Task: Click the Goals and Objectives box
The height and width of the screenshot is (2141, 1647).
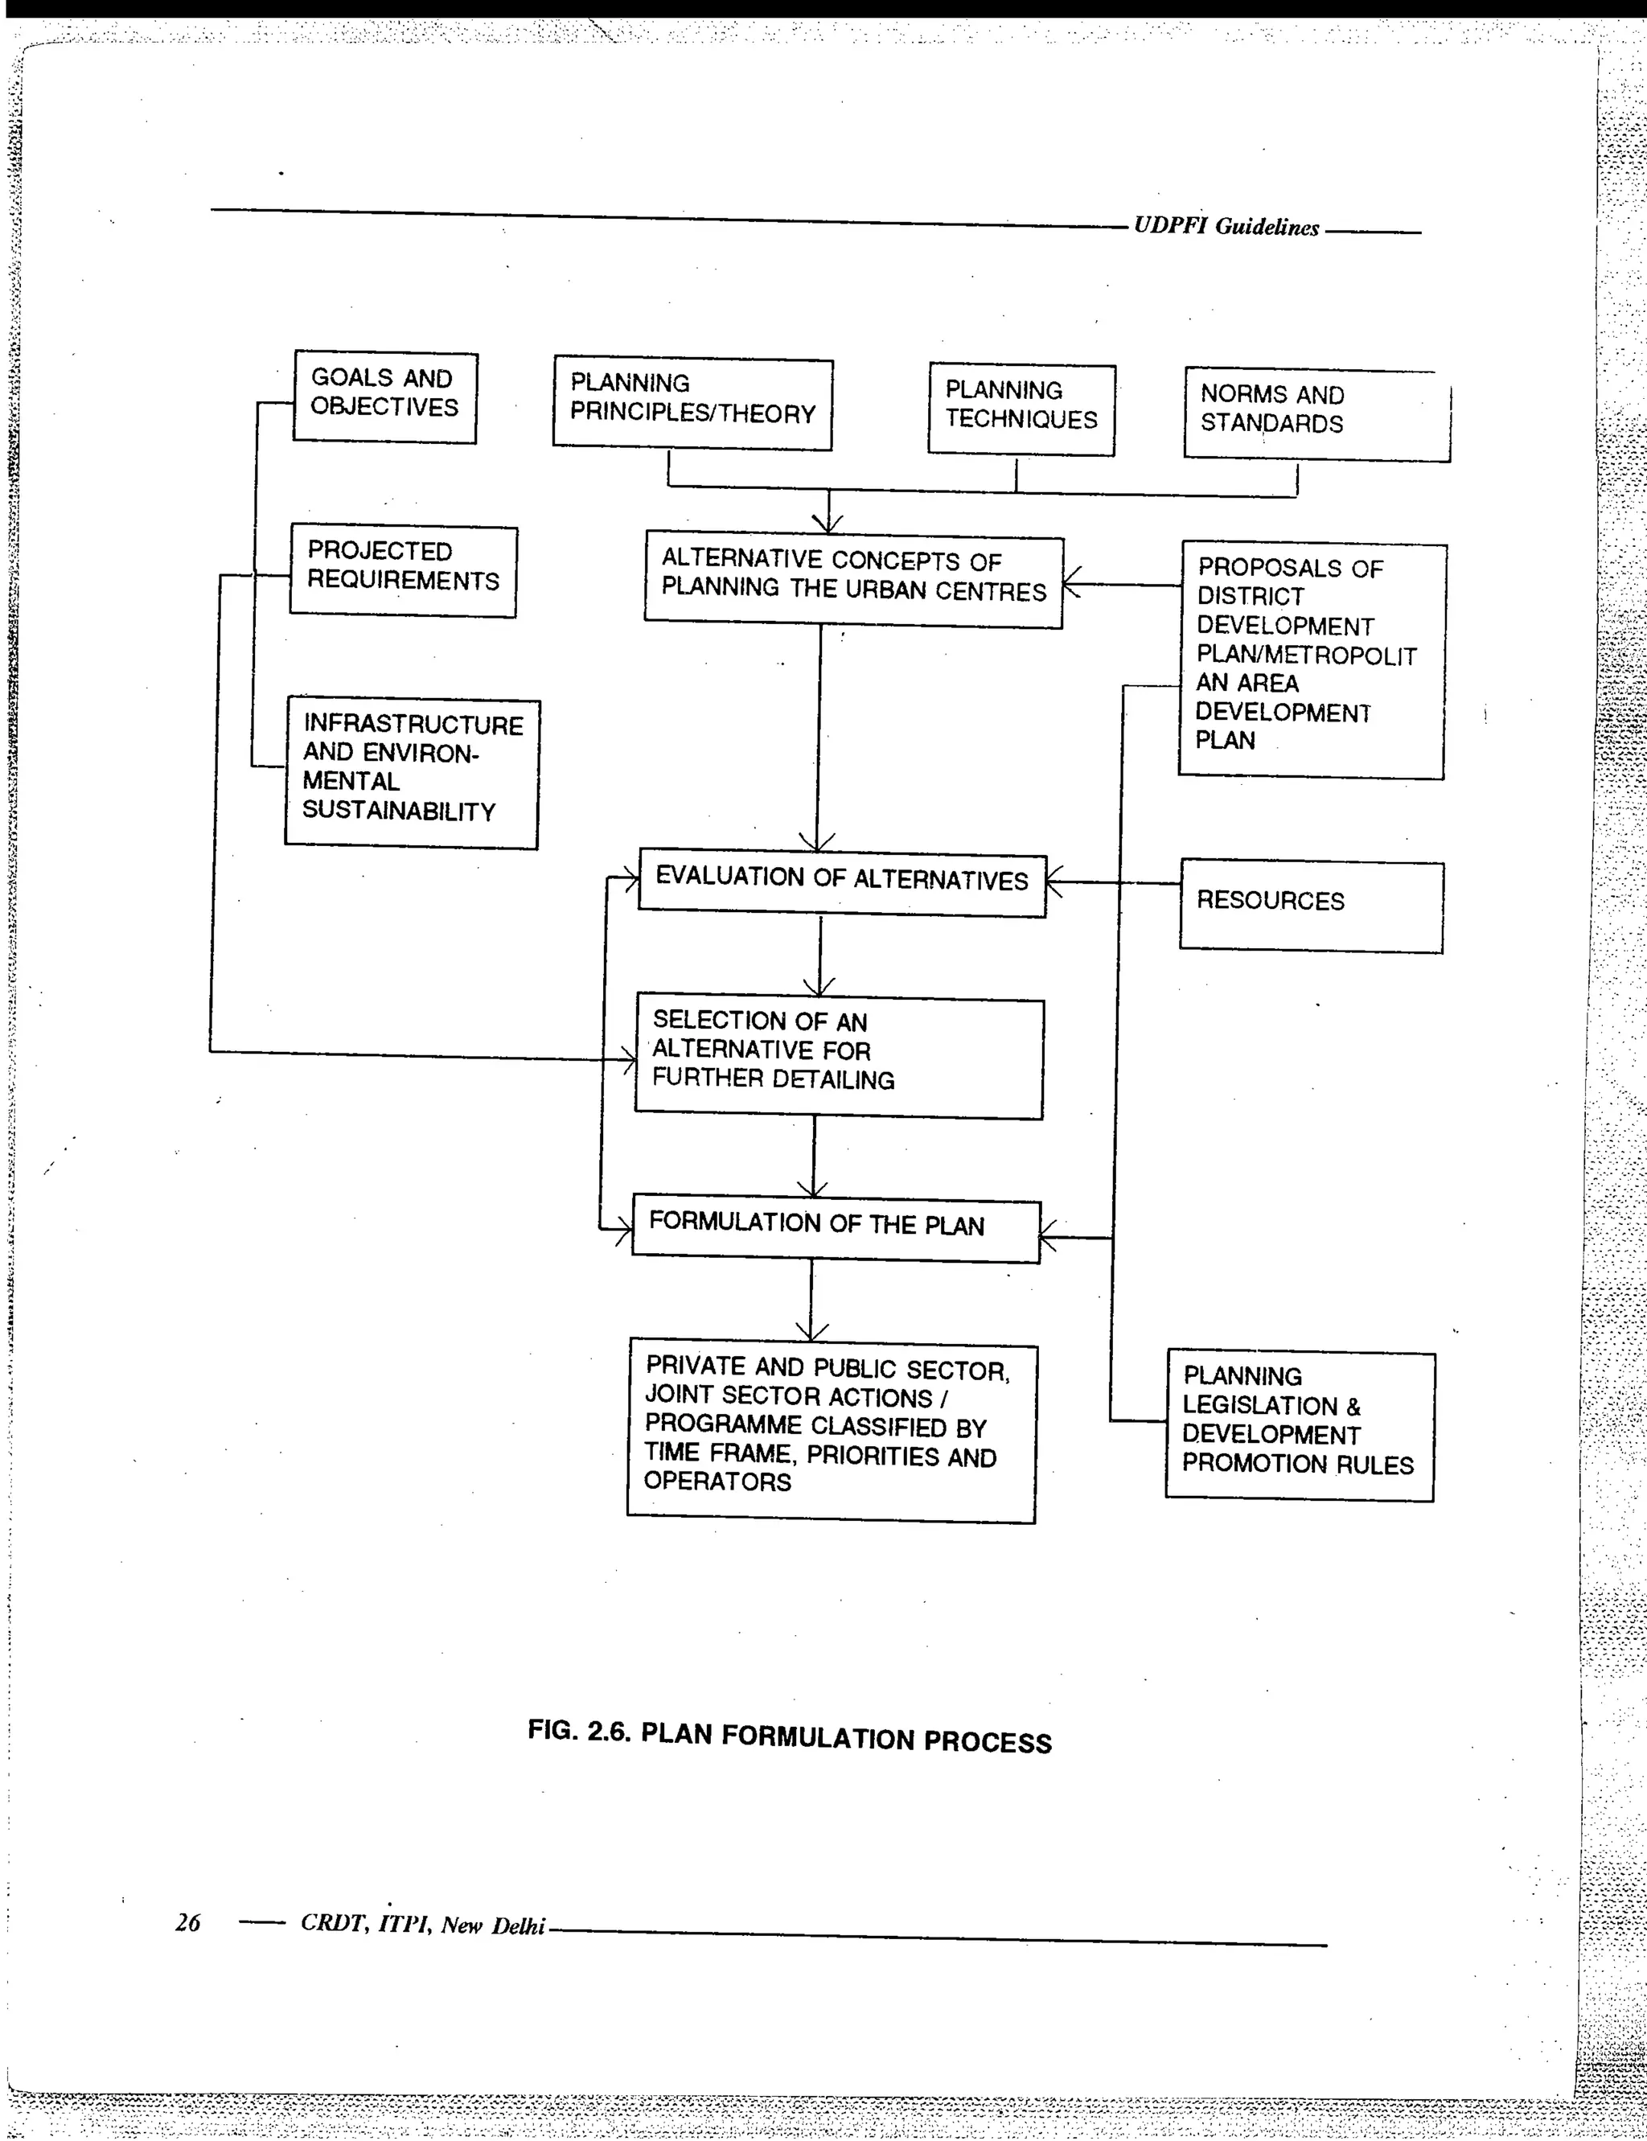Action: (x=384, y=397)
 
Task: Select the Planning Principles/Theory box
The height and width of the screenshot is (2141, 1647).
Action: (x=692, y=404)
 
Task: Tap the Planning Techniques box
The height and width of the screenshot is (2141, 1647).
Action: (x=1021, y=409)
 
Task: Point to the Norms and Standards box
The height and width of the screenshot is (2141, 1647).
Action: (x=1316, y=413)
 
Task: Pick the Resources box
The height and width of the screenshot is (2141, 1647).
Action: (x=1311, y=906)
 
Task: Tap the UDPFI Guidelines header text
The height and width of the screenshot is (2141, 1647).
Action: (x=1226, y=228)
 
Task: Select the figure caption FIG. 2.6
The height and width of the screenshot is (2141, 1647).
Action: (x=789, y=1738)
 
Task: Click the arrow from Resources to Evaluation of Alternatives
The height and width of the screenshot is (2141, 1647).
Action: (x=1113, y=882)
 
